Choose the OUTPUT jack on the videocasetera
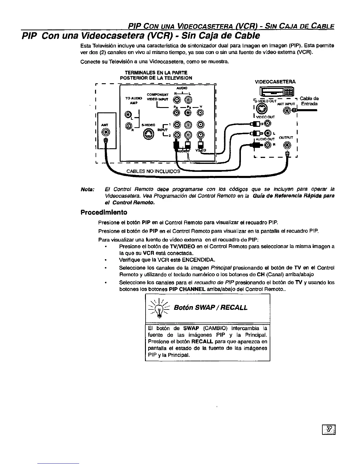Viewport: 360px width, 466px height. pos(288,145)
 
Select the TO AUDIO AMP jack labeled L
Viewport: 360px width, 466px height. pos(128,114)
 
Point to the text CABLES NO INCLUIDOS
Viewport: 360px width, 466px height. pos(153,171)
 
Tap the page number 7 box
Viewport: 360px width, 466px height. pos(329,430)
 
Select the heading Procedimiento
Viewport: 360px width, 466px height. pos(104,212)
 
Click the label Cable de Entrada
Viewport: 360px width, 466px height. pos(309,101)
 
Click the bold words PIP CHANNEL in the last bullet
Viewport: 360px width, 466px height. pos(187,289)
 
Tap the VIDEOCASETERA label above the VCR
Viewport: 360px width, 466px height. pos(275,82)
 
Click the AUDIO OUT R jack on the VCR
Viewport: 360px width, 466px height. pos(267,145)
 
